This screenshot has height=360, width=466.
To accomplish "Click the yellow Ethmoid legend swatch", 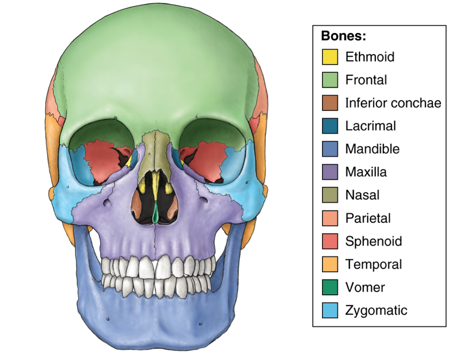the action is (330, 57).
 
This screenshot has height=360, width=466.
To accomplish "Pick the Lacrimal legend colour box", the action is (330, 126).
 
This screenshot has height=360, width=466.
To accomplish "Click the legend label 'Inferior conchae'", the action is (393, 103).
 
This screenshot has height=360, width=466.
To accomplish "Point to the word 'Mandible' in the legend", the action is (372, 149).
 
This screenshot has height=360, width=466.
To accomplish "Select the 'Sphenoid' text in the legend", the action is (373, 242).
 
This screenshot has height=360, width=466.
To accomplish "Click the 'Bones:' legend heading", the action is (343, 37).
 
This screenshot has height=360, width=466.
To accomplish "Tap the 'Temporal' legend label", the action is (373, 265).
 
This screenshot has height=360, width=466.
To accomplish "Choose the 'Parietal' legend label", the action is (367, 218).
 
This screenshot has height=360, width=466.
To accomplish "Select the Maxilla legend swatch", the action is (330, 172).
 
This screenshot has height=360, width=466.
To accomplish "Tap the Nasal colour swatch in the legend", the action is (330, 195).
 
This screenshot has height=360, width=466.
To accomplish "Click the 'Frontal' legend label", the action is (366, 80).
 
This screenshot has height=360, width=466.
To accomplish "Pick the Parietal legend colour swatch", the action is (330, 218).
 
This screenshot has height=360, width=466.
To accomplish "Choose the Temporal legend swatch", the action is (330, 265).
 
